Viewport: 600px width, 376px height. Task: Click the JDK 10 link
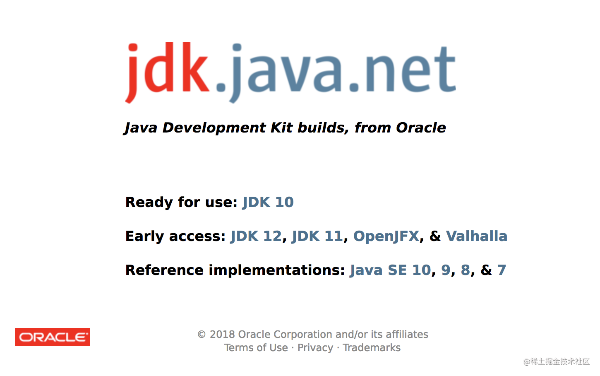(268, 202)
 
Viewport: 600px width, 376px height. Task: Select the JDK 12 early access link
(256, 236)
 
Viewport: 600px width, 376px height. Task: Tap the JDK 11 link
(317, 236)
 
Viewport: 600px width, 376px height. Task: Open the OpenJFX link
(386, 236)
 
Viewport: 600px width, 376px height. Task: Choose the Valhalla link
(477, 236)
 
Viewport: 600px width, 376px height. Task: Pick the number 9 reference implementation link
(446, 270)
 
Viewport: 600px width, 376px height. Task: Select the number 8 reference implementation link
(466, 270)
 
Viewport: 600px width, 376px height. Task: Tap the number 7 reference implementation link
(502, 270)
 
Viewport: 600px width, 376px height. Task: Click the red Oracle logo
(53, 337)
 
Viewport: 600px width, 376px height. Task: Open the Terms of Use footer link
(256, 347)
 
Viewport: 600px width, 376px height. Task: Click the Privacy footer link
(315, 348)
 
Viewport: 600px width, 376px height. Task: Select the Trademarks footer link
(372, 347)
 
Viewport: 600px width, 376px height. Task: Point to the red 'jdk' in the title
(168, 72)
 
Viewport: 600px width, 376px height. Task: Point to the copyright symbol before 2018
(202, 335)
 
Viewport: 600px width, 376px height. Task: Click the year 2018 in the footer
(222, 335)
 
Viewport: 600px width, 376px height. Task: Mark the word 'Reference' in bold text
(164, 270)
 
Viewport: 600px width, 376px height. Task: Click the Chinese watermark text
(557, 362)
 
